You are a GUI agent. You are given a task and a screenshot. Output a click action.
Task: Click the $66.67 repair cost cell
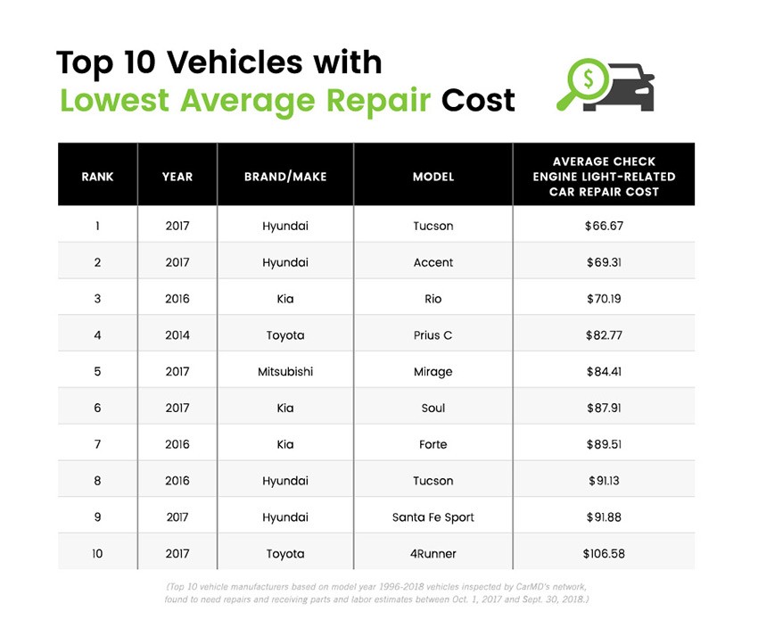603,227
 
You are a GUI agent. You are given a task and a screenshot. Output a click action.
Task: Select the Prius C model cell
433,335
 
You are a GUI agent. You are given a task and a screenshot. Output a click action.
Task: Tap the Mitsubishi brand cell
284,372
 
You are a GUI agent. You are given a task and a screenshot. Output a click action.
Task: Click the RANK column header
97,177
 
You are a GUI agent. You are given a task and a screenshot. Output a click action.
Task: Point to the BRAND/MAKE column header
284,177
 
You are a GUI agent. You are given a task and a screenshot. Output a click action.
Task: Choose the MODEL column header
433,177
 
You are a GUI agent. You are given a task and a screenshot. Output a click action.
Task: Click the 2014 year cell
177,335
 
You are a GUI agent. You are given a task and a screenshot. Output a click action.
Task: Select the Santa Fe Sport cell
433,517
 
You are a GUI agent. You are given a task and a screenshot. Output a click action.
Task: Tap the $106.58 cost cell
603,554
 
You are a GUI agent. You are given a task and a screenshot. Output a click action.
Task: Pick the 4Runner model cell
433,554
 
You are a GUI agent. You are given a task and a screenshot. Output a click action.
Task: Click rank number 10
97,554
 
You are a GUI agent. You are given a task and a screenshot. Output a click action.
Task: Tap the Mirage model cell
433,372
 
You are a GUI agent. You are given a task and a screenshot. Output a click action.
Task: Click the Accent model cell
433,263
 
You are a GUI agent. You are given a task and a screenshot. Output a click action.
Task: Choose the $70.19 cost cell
603,299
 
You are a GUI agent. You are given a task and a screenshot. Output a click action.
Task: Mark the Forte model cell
433,444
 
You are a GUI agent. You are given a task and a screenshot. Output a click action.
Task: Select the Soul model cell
433,409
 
